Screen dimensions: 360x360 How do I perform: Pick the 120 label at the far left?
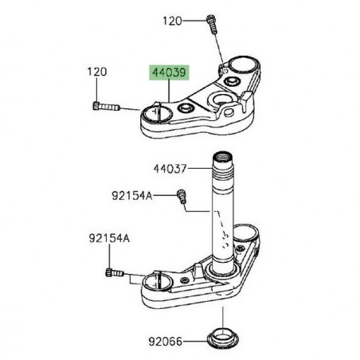[x=96, y=73]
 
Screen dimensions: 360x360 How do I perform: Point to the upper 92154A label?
[x=131, y=194]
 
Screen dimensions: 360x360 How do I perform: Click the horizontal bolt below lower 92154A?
[x=114, y=275]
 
